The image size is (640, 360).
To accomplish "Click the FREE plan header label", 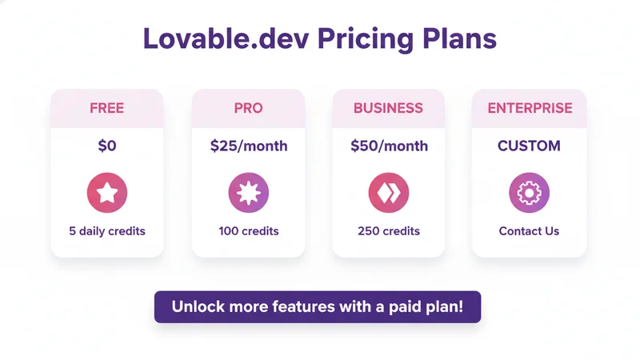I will coord(106,108).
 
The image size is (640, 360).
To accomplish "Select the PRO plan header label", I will coord(248,108).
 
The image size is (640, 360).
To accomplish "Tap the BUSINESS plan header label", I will coord(389,108).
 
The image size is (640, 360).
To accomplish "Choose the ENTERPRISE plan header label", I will coord(530,108).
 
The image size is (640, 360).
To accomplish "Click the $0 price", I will coord(106,146).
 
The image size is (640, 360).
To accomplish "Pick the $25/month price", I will coord(249,146).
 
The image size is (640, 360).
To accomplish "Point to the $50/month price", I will coord(389,146).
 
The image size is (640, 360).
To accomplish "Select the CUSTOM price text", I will coord(529,146).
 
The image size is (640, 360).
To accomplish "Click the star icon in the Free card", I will coord(106,192).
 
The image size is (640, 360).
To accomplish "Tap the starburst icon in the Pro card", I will coord(249,192).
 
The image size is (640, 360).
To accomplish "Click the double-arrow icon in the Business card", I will coord(389,192).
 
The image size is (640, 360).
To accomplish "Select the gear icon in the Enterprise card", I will coord(529,192).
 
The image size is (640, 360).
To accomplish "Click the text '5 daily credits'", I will coord(107,231).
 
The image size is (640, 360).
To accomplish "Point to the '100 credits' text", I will coord(249,231).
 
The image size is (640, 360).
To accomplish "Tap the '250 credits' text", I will coord(389,231).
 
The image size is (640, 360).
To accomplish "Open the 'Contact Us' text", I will coord(529,231).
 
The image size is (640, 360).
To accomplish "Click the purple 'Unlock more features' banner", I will coord(318,306).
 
